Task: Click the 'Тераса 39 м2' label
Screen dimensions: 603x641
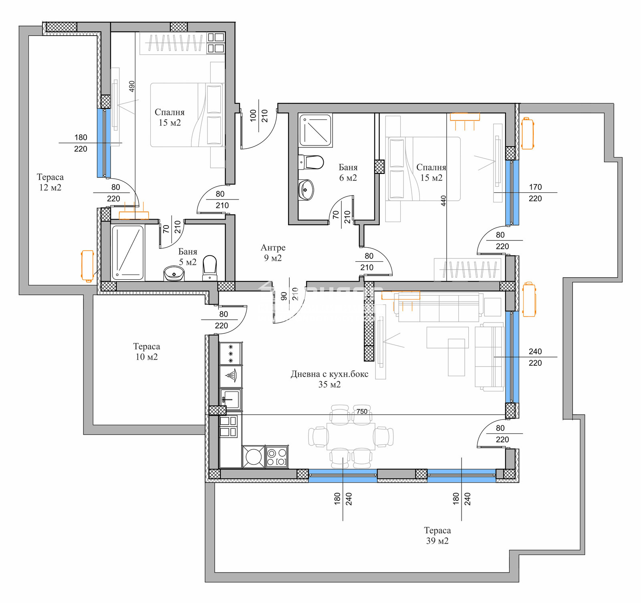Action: pyautogui.click(x=437, y=536)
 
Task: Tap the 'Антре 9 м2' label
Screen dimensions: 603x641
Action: pyautogui.click(x=273, y=253)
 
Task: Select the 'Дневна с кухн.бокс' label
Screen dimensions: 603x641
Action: pyautogui.click(x=329, y=374)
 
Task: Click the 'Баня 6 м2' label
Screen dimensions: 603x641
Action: pyautogui.click(x=348, y=172)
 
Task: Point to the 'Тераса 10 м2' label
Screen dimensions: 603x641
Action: pyautogui.click(x=147, y=351)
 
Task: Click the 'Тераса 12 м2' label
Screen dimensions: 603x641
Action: pyautogui.click(x=50, y=182)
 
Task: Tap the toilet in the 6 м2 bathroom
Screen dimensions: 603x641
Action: pyautogui.click(x=311, y=162)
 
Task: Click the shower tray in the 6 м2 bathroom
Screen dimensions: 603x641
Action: pyautogui.click(x=316, y=130)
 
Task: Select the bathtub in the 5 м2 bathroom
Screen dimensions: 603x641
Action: pyautogui.click(x=128, y=252)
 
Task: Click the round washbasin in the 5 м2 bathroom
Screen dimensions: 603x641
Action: pyautogui.click(x=174, y=274)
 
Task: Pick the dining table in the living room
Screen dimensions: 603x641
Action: pyautogui.click(x=351, y=436)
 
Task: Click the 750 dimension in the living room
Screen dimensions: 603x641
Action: pyautogui.click(x=362, y=411)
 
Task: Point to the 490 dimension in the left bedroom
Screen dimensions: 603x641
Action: pyautogui.click(x=132, y=86)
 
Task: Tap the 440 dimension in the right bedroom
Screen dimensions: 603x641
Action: pyautogui.click(x=443, y=201)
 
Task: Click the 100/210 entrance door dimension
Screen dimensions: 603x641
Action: pyautogui.click(x=259, y=115)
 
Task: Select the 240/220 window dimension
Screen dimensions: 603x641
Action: pyautogui.click(x=535, y=357)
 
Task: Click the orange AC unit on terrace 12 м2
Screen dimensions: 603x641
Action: pyautogui.click(x=87, y=266)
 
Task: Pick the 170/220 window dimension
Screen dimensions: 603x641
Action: pyautogui.click(x=535, y=193)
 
